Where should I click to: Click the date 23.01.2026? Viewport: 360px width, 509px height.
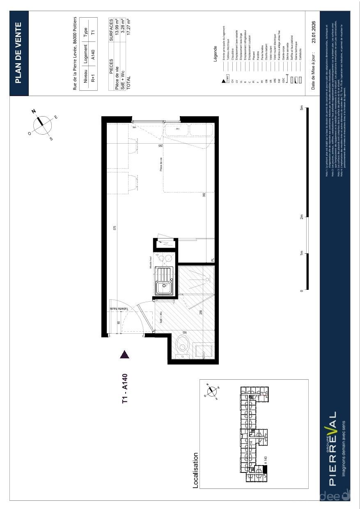(313, 30)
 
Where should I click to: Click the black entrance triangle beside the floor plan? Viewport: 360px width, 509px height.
(125, 354)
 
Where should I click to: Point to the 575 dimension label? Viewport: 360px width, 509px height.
(115, 228)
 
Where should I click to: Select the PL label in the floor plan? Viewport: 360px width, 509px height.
(212, 259)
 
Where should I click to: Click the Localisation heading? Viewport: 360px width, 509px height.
(196, 470)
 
